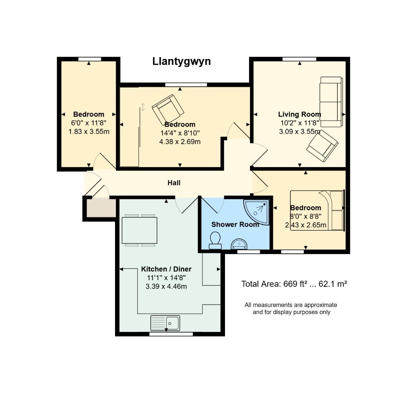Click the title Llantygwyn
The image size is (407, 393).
pyautogui.click(x=181, y=61)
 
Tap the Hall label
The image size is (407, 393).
pyautogui.click(x=174, y=183)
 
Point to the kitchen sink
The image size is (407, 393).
pyautogui.click(x=165, y=323)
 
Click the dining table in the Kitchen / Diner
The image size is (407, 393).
pyautogui.click(x=139, y=230)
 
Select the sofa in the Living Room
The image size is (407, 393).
pyautogui.click(x=331, y=102)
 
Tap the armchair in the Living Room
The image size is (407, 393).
pyautogui.click(x=322, y=145)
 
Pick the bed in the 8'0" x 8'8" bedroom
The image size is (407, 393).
pyautogui.click(x=317, y=210)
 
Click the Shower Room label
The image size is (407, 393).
pyautogui.click(x=235, y=225)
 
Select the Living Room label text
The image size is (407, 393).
pyautogui.click(x=299, y=114)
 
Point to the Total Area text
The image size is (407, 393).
pyautogui.click(x=294, y=284)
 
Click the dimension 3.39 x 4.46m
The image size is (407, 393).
pyautogui.click(x=166, y=286)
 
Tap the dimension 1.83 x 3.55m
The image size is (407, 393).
pyautogui.click(x=89, y=131)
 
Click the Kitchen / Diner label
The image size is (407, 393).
pyautogui.click(x=166, y=269)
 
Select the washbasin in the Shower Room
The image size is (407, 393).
pyautogui.click(x=240, y=243)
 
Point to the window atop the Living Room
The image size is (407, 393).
pyautogui.click(x=299, y=59)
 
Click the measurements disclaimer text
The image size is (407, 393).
pyautogui.click(x=291, y=308)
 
